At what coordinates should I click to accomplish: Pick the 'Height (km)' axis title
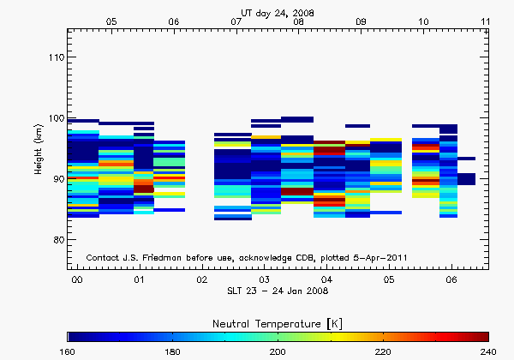point(38,150)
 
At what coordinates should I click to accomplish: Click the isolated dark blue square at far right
point(466,178)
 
